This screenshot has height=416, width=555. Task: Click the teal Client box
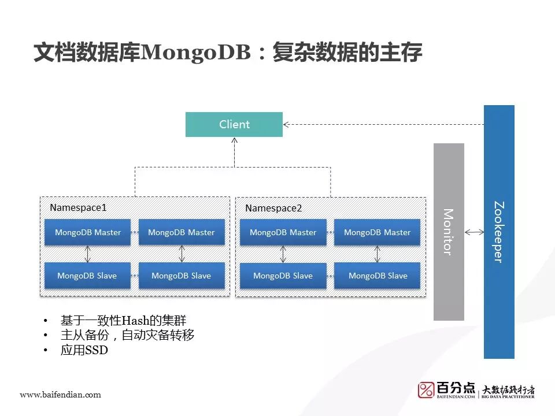pos(234,124)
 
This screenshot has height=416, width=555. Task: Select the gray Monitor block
pos(449,231)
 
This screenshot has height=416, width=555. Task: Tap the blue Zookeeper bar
pos(499,231)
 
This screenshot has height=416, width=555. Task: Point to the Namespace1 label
pos(78,207)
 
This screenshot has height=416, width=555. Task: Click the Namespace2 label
pos(273,207)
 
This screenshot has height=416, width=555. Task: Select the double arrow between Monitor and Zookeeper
pos(475,232)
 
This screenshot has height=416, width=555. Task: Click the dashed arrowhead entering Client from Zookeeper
pos(286,124)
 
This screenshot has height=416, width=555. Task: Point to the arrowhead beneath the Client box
pos(234,140)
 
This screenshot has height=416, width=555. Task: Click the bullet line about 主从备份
pos(127,335)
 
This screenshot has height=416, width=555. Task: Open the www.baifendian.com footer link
pos(60,395)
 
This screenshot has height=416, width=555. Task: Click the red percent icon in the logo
pos(426,390)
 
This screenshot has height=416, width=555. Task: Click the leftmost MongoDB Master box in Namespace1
pos(88,232)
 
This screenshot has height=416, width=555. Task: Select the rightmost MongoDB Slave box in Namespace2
pos(378,276)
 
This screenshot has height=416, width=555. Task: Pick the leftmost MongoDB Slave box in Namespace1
pos(87,276)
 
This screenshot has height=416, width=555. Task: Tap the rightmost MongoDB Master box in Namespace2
pos(377,232)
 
